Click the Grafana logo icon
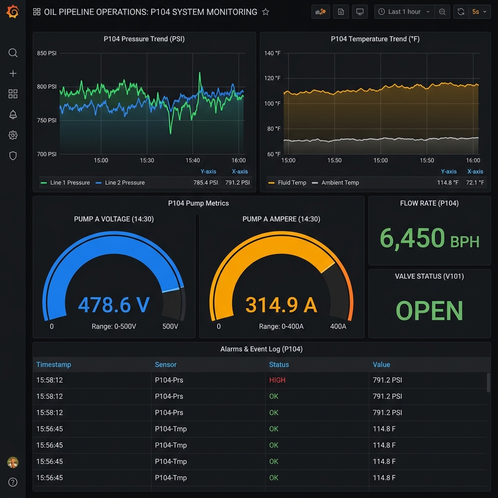(13, 12)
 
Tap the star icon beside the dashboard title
(266, 12)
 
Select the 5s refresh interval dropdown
(479, 12)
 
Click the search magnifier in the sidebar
(13, 53)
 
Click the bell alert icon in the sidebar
(13, 115)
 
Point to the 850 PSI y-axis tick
(47, 53)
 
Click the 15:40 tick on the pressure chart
(193, 160)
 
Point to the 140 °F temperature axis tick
(272, 53)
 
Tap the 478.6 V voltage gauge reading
(114, 305)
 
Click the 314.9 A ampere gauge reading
(281, 305)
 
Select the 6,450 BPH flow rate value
(429, 239)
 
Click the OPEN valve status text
(429, 311)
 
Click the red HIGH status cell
(277, 380)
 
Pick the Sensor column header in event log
(165, 365)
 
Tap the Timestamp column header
(53, 365)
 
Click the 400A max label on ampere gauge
(338, 326)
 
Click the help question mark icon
(13, 482)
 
